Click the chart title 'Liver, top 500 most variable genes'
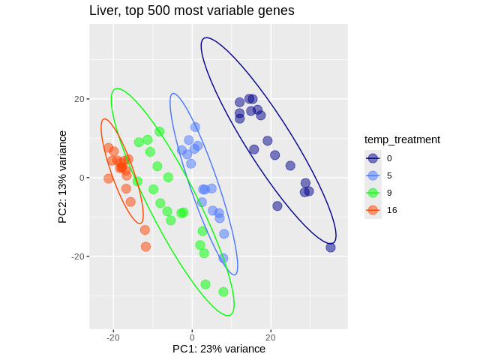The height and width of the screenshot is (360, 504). pos(191,10)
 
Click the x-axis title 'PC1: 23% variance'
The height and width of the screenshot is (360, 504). pos(219,349)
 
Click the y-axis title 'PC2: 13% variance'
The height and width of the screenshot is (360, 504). pos(63,177)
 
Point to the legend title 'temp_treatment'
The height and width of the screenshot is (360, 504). pos(402,139)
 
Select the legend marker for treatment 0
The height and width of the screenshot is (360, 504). pos(373,158)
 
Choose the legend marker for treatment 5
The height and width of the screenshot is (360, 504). pos(373,175)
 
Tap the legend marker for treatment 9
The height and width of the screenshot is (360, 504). pos(373,193)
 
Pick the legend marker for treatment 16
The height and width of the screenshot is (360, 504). pos(373,210)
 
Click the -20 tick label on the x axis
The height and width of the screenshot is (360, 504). pos(113,337)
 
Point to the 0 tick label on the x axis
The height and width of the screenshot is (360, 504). pos(192,337)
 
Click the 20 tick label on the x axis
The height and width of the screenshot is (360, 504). pos(271,337)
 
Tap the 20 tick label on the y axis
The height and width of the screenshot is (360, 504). pos(79,99)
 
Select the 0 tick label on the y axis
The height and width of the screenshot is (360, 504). pos(81,178)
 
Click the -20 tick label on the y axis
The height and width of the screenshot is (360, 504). pos(77,256)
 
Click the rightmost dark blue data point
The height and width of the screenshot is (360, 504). pos(331,247)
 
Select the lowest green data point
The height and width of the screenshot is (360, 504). pos(223,292)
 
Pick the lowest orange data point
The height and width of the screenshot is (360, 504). pos(145,247)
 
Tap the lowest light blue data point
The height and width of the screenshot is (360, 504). pos(223,258)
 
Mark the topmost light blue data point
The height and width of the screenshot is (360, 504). pos(195,127)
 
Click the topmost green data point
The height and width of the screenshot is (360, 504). pos(160,132)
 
